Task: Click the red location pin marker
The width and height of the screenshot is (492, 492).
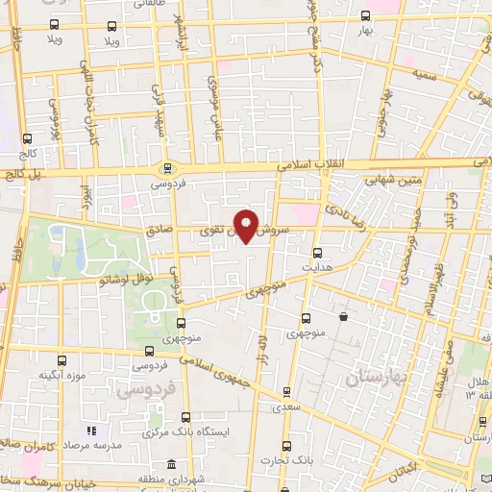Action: click(x=247, y=226)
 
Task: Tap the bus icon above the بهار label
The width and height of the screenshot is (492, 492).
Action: click(x=364, y=15)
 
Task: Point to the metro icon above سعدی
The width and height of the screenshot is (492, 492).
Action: click(x=287, y=392)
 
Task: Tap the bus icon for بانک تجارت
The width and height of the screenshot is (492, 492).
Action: click(x=286, y=445)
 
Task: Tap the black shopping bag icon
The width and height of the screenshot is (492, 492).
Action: click(x=342, y=316)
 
